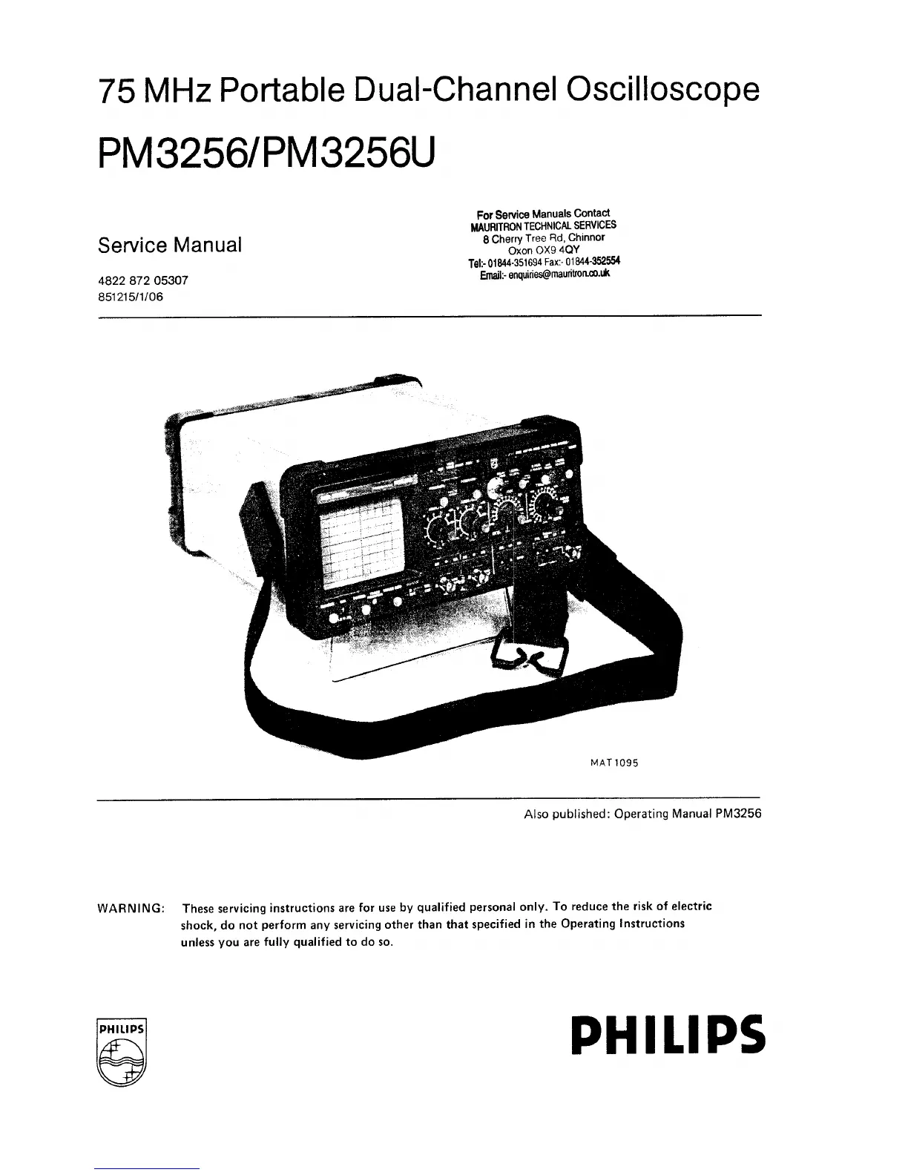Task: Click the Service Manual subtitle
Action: click(x=170, y=245)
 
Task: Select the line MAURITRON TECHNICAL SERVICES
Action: click(x=543, y=226)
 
